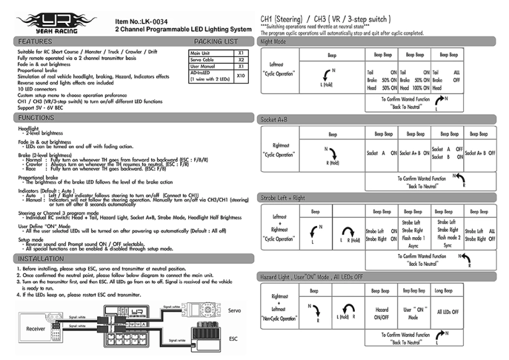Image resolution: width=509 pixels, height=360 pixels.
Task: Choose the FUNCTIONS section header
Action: click(x=38, y=117)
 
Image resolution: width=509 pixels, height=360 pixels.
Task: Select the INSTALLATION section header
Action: click(x=43, y=258)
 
